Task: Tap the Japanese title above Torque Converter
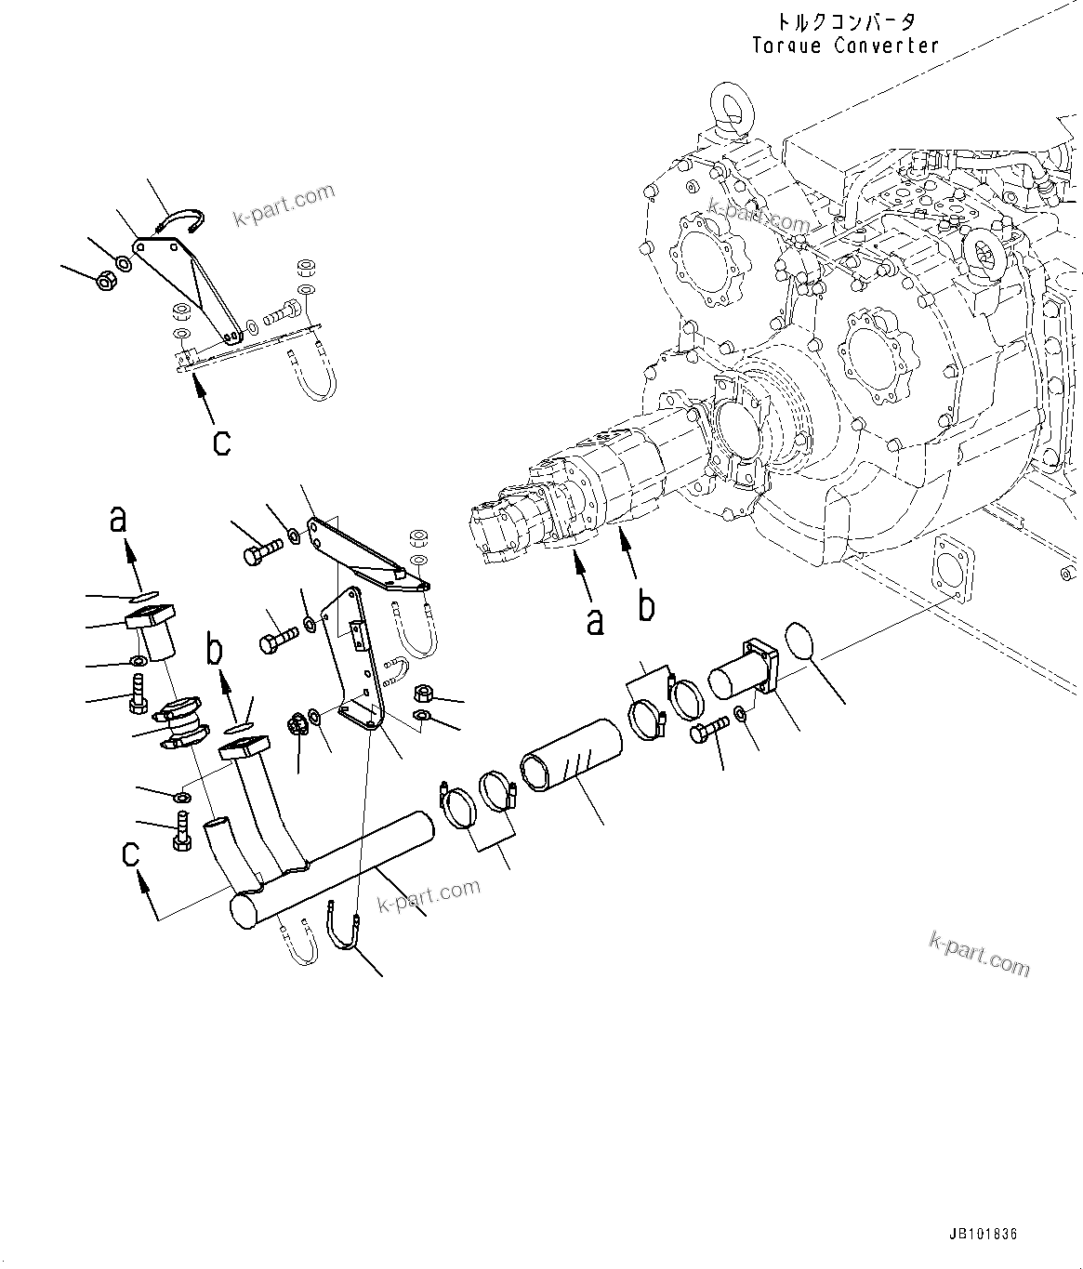point(845,20)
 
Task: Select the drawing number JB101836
point(984,1234)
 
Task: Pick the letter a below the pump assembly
point(594,620)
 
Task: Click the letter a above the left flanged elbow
point(117,520)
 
